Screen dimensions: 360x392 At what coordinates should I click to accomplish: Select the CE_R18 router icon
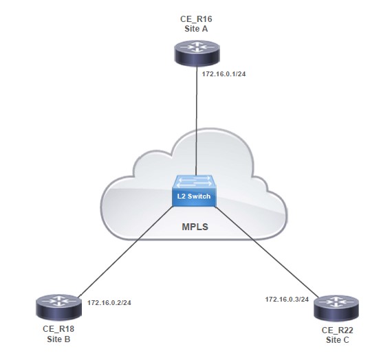click(x=56, y=308)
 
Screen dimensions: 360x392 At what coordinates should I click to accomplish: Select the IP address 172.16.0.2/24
click(x=111, y=302)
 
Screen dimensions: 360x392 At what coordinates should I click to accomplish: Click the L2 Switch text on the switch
click(x=195, y=196)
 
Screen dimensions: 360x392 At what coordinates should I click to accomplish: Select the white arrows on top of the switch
click(x=196, y=182)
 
